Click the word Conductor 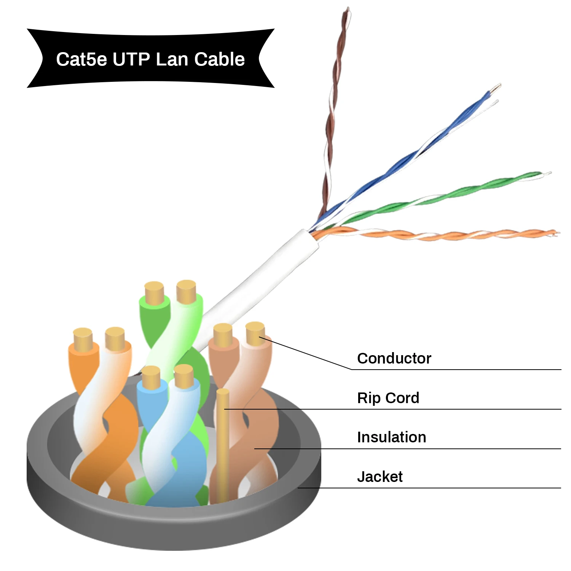tap(394, 358)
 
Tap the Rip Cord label tap(388, 398)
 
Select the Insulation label tap(391, 437)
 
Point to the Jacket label tap(380, 477)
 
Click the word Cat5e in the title tap(81, 59)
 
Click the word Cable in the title tap(219, 59)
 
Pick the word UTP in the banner tap(131, 59)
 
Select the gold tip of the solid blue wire tap(151, 377)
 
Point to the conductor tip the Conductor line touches tap(255, 333)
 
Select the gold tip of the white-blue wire tap(184, 375)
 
